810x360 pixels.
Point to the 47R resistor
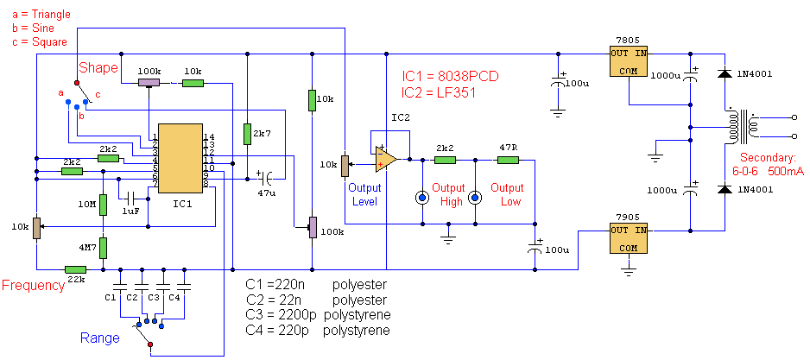(508, 160)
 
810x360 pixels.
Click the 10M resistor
(104, 205)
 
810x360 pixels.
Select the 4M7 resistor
(104, 248)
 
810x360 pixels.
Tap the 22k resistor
(75, 269)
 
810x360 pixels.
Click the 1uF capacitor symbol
(130, 197)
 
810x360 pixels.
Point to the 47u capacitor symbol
(267, 179)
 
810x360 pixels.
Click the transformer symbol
(742, 127)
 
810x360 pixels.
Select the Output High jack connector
(422, 198)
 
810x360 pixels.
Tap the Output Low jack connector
(475, 198)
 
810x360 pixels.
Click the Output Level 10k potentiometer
(345, 164)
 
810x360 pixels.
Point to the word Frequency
(34, 286)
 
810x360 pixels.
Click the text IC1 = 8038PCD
(450, 77)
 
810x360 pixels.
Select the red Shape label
(98, 68)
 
